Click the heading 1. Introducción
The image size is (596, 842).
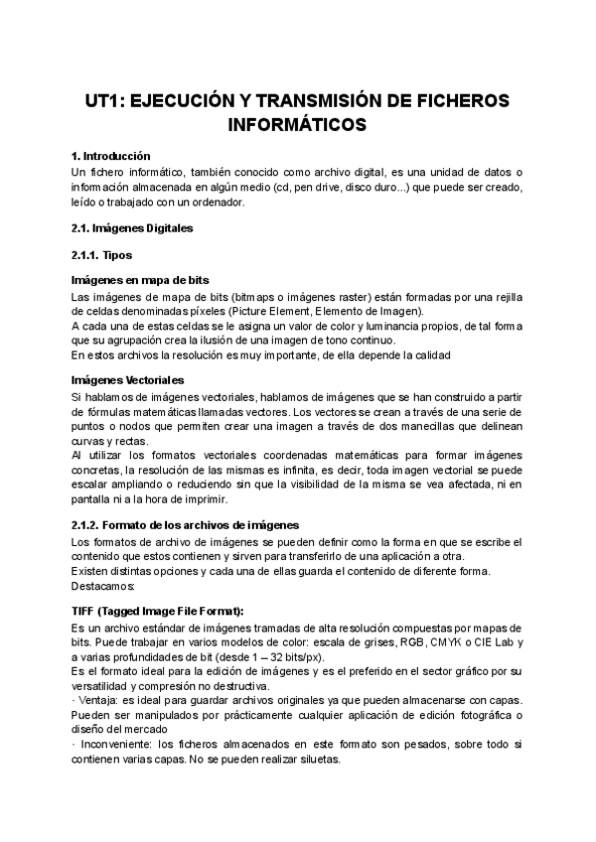coord(111,156)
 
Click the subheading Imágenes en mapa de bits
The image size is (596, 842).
coord(140,281)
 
